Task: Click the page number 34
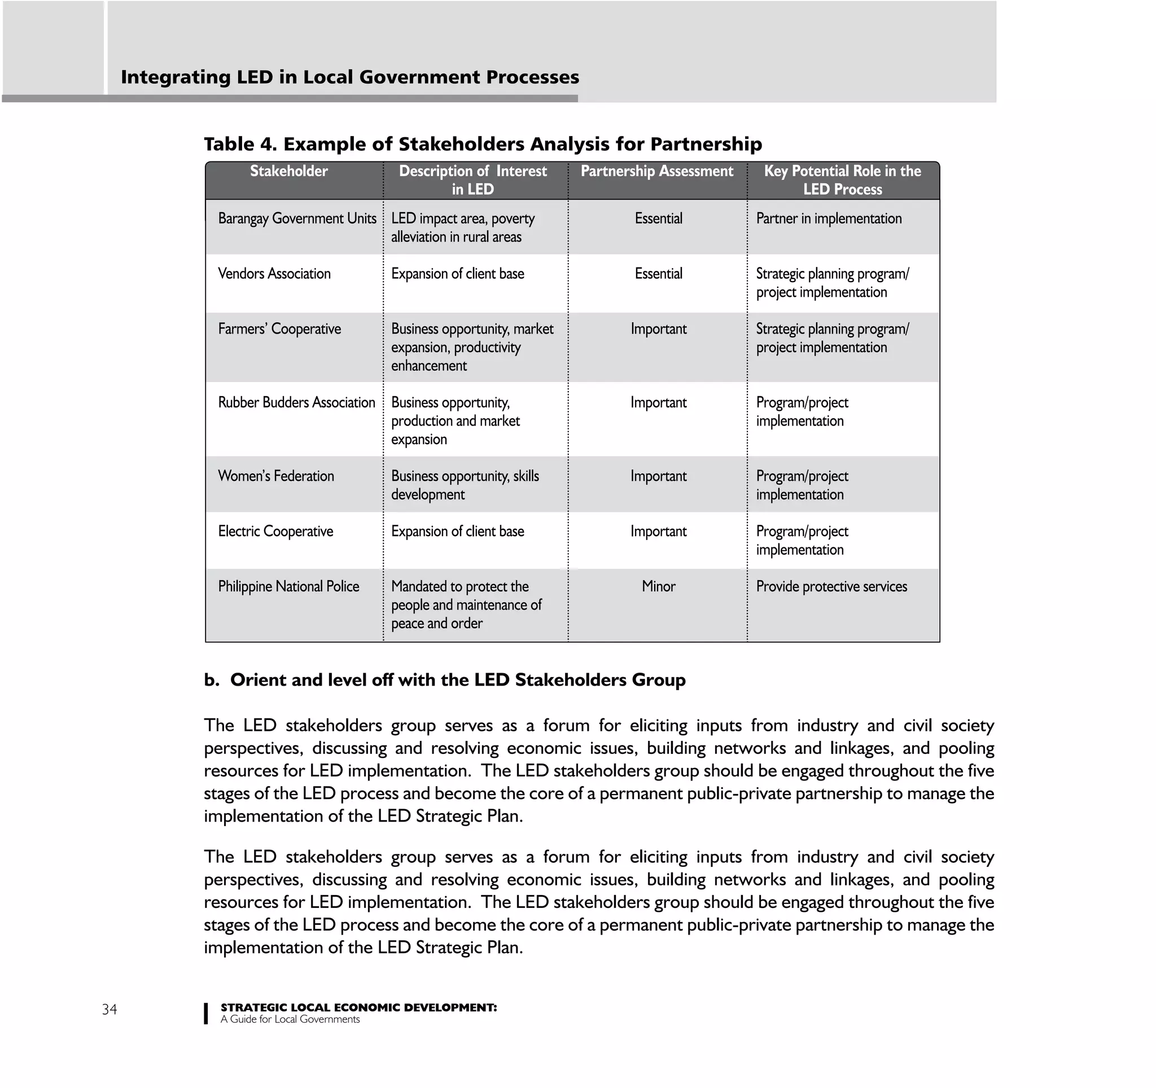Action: click(x=110, y=1009)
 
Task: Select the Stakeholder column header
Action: click(x=288, y=171)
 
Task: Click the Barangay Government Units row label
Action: click(x=297, y=218)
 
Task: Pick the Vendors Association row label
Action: click(x=274, y=274)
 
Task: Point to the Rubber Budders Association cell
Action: click(x=296, y=402)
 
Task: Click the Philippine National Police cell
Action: click(x=288, y=586)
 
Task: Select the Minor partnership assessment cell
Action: click(x=658, y=586)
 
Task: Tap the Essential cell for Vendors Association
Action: click(x=658, y=274)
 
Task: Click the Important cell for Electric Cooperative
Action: click(x=658, y=531)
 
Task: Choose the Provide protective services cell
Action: click(x=831, y=586)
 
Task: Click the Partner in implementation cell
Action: click(x=829, y=218)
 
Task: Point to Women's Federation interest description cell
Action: click(x=465, y=485)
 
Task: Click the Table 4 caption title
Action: click(x=483, y=144)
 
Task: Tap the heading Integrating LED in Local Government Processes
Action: click(x=349, y=77)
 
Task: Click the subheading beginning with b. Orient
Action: click(x=444, y=680)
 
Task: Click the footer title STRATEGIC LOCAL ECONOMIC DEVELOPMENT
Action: click(x=358, y=1007)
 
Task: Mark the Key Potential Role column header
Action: click(x=842, y=179)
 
